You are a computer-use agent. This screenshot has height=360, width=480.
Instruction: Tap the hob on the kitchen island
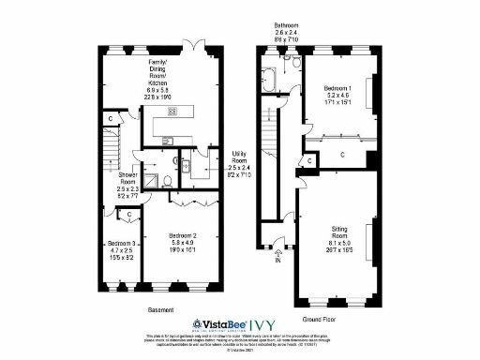[172, 111]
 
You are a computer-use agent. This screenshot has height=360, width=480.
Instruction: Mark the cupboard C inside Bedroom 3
[129, 217]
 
